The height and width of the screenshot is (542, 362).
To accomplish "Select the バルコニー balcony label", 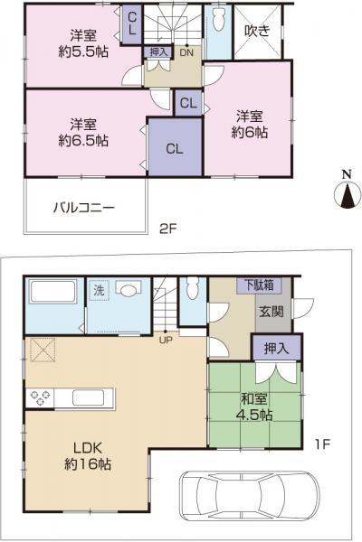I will point(83,207).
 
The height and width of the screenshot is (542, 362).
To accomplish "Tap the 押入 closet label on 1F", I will point(278,348).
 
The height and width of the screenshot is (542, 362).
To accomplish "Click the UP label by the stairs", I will point(167,341).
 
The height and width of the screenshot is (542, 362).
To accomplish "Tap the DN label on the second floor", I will point(186,53).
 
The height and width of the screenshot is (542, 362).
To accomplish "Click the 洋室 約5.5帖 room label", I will point(83,44).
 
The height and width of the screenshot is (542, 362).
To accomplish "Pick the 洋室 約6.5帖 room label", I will point(84,133).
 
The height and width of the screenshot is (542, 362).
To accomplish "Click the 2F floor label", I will point(168,229).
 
